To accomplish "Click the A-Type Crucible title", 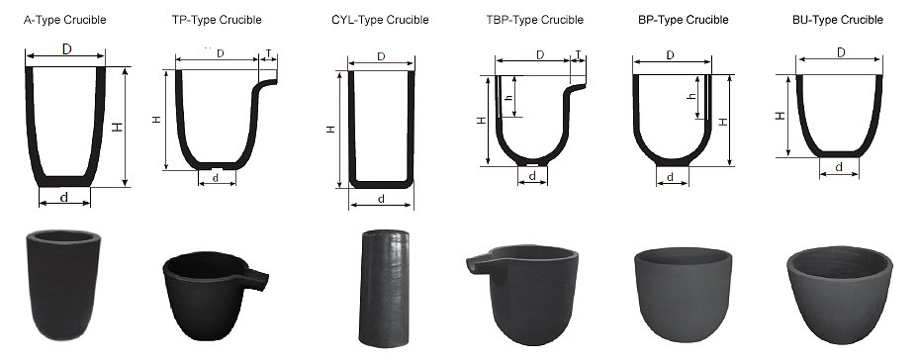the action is coord(64,20).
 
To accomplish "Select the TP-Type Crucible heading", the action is coord(217,20).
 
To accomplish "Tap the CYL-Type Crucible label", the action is coord(380,20).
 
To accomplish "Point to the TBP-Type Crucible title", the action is coord(534,20).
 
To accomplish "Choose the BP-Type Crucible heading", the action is coord(684,20).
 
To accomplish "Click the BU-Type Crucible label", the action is coord(838,20).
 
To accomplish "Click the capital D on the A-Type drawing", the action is coord(67,49).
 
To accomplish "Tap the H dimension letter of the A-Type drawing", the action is coord(119,127).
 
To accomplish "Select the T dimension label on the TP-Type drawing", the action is coord(268,53).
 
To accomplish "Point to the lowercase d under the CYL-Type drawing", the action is coord(381,200).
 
